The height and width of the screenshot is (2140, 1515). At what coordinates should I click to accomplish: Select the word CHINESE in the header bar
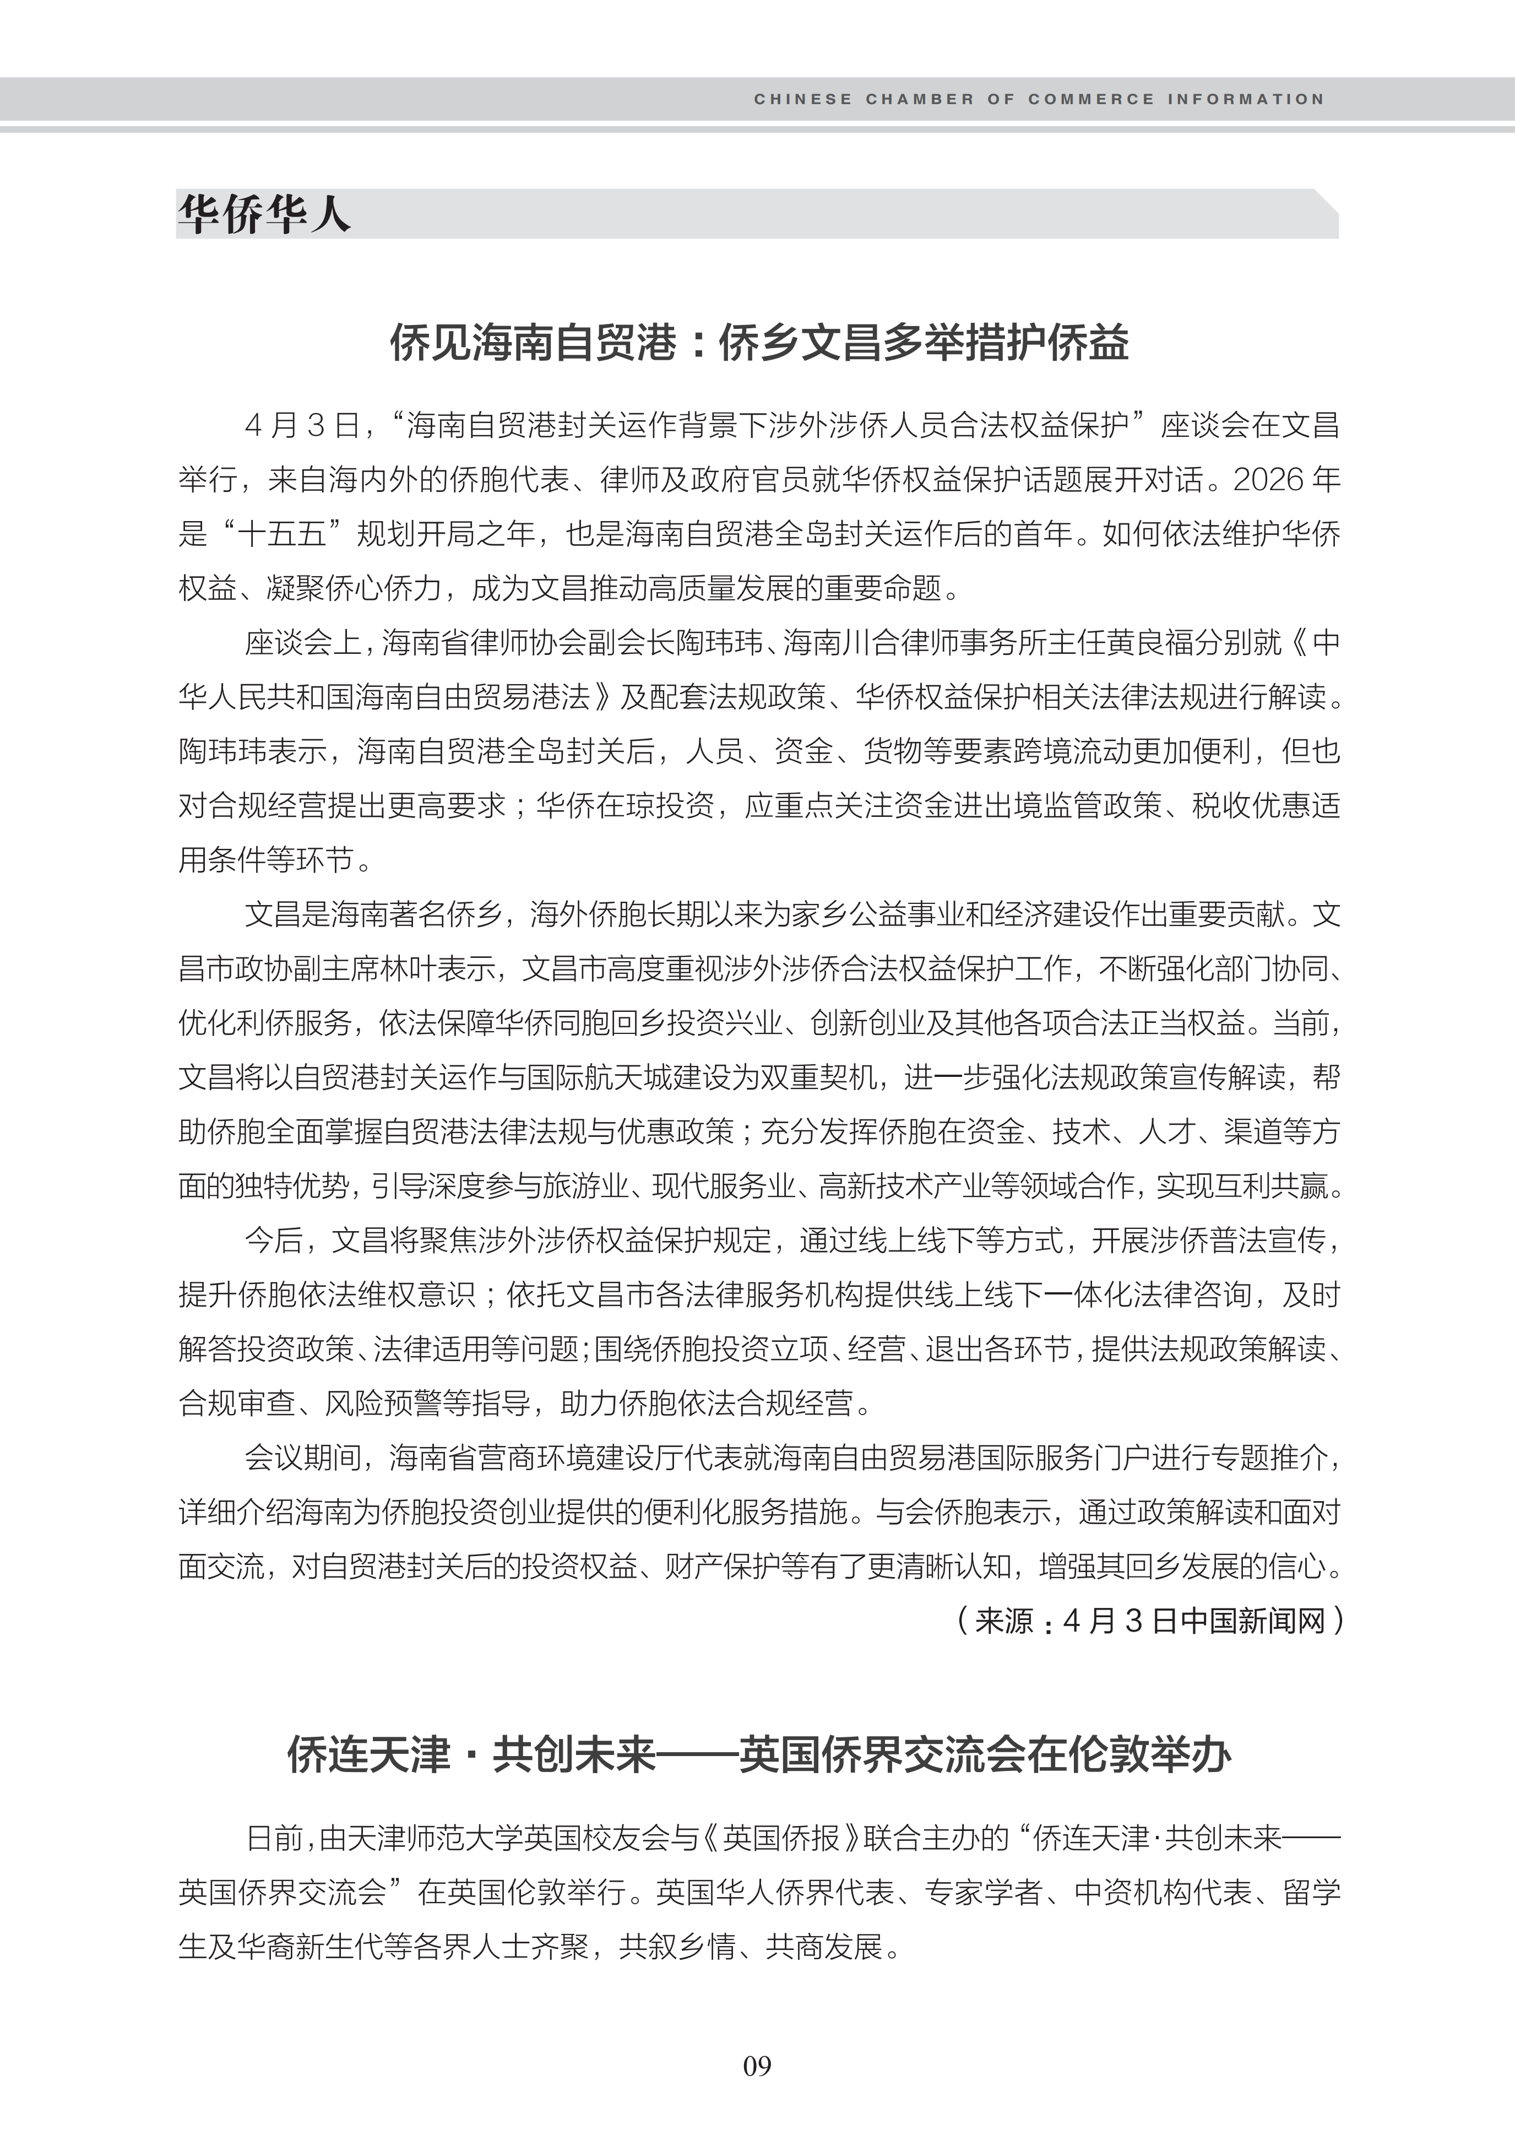coord(802,99)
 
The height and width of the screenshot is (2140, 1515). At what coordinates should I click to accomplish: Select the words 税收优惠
coord(1250,805)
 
